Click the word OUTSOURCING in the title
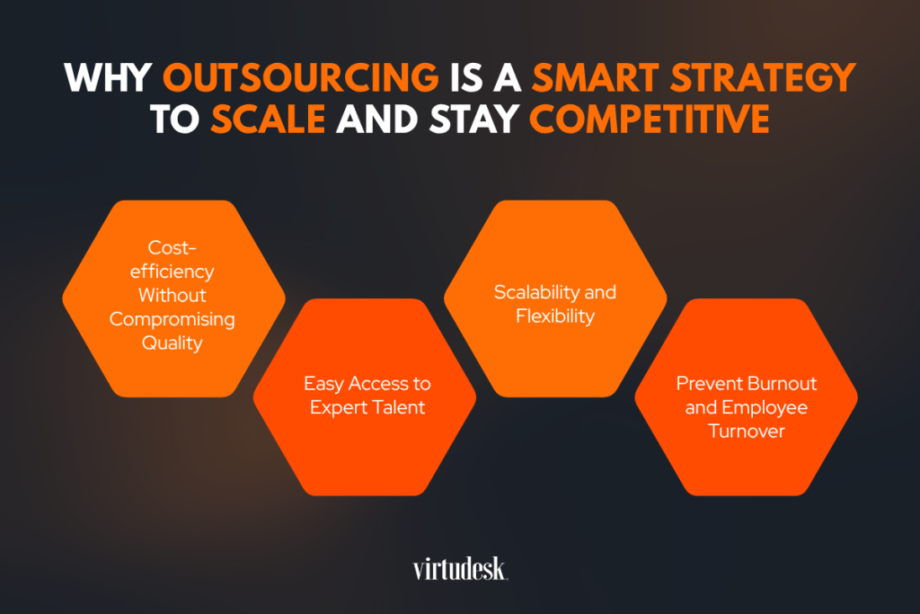(x=300, y=77)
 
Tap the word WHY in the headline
(x=108, y=77)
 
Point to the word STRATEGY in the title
(x=763, y=77)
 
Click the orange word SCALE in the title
(x=268, y=120)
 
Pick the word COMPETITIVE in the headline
(x=649, y=120)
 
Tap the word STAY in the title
(x=474, y=120)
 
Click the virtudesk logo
(x=460, y=569)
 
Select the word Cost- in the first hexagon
(x=172, y=248)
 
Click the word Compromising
(x=172, y=319)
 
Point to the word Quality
(x=172, y=343)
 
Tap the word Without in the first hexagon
(x=172, y=295)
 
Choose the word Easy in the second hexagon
(x=323, y=385)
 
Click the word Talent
(x=398, y=407)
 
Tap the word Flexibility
(x=555, y=316)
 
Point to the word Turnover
(x=747, y=432)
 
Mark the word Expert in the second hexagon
(x=338, y=408)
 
